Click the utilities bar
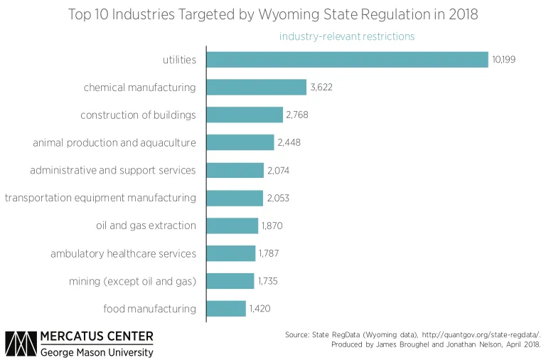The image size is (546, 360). coord(347,60)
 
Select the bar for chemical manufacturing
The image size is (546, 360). coord(256,88)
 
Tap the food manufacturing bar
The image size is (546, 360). coord(226,309)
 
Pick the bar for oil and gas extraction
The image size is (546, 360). coord(232,226)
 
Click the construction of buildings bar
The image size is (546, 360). coord(245,115)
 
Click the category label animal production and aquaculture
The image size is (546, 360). coord(114,143)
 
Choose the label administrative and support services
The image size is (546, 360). coord(112,170)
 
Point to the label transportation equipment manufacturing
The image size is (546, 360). coord(100,198)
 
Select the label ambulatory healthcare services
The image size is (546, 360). coord(123,253)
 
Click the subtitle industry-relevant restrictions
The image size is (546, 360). coord(346,36)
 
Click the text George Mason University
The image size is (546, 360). coord(96,352)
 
